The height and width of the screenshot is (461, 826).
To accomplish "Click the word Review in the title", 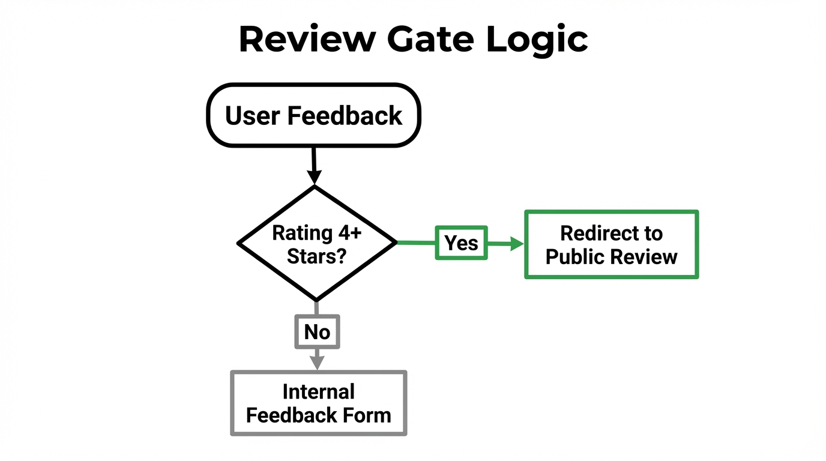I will tap(307, 40).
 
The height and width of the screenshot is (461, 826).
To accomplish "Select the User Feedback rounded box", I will tap(313, 115).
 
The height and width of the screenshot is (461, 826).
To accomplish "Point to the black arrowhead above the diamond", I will tap(314, 176).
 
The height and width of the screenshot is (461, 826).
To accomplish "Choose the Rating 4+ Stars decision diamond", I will tap(316, 243).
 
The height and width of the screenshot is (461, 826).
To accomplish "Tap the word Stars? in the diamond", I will tap(316, 256).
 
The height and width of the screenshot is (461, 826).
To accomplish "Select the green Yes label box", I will tap(461, 243).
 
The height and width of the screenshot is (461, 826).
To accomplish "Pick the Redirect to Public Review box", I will tap(611, 244).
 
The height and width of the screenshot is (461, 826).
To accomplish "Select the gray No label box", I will tap(317, 331).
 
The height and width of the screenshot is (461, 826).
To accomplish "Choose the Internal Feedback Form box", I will tap(318, 403).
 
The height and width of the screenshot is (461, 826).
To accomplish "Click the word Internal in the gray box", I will tap(318, 391).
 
